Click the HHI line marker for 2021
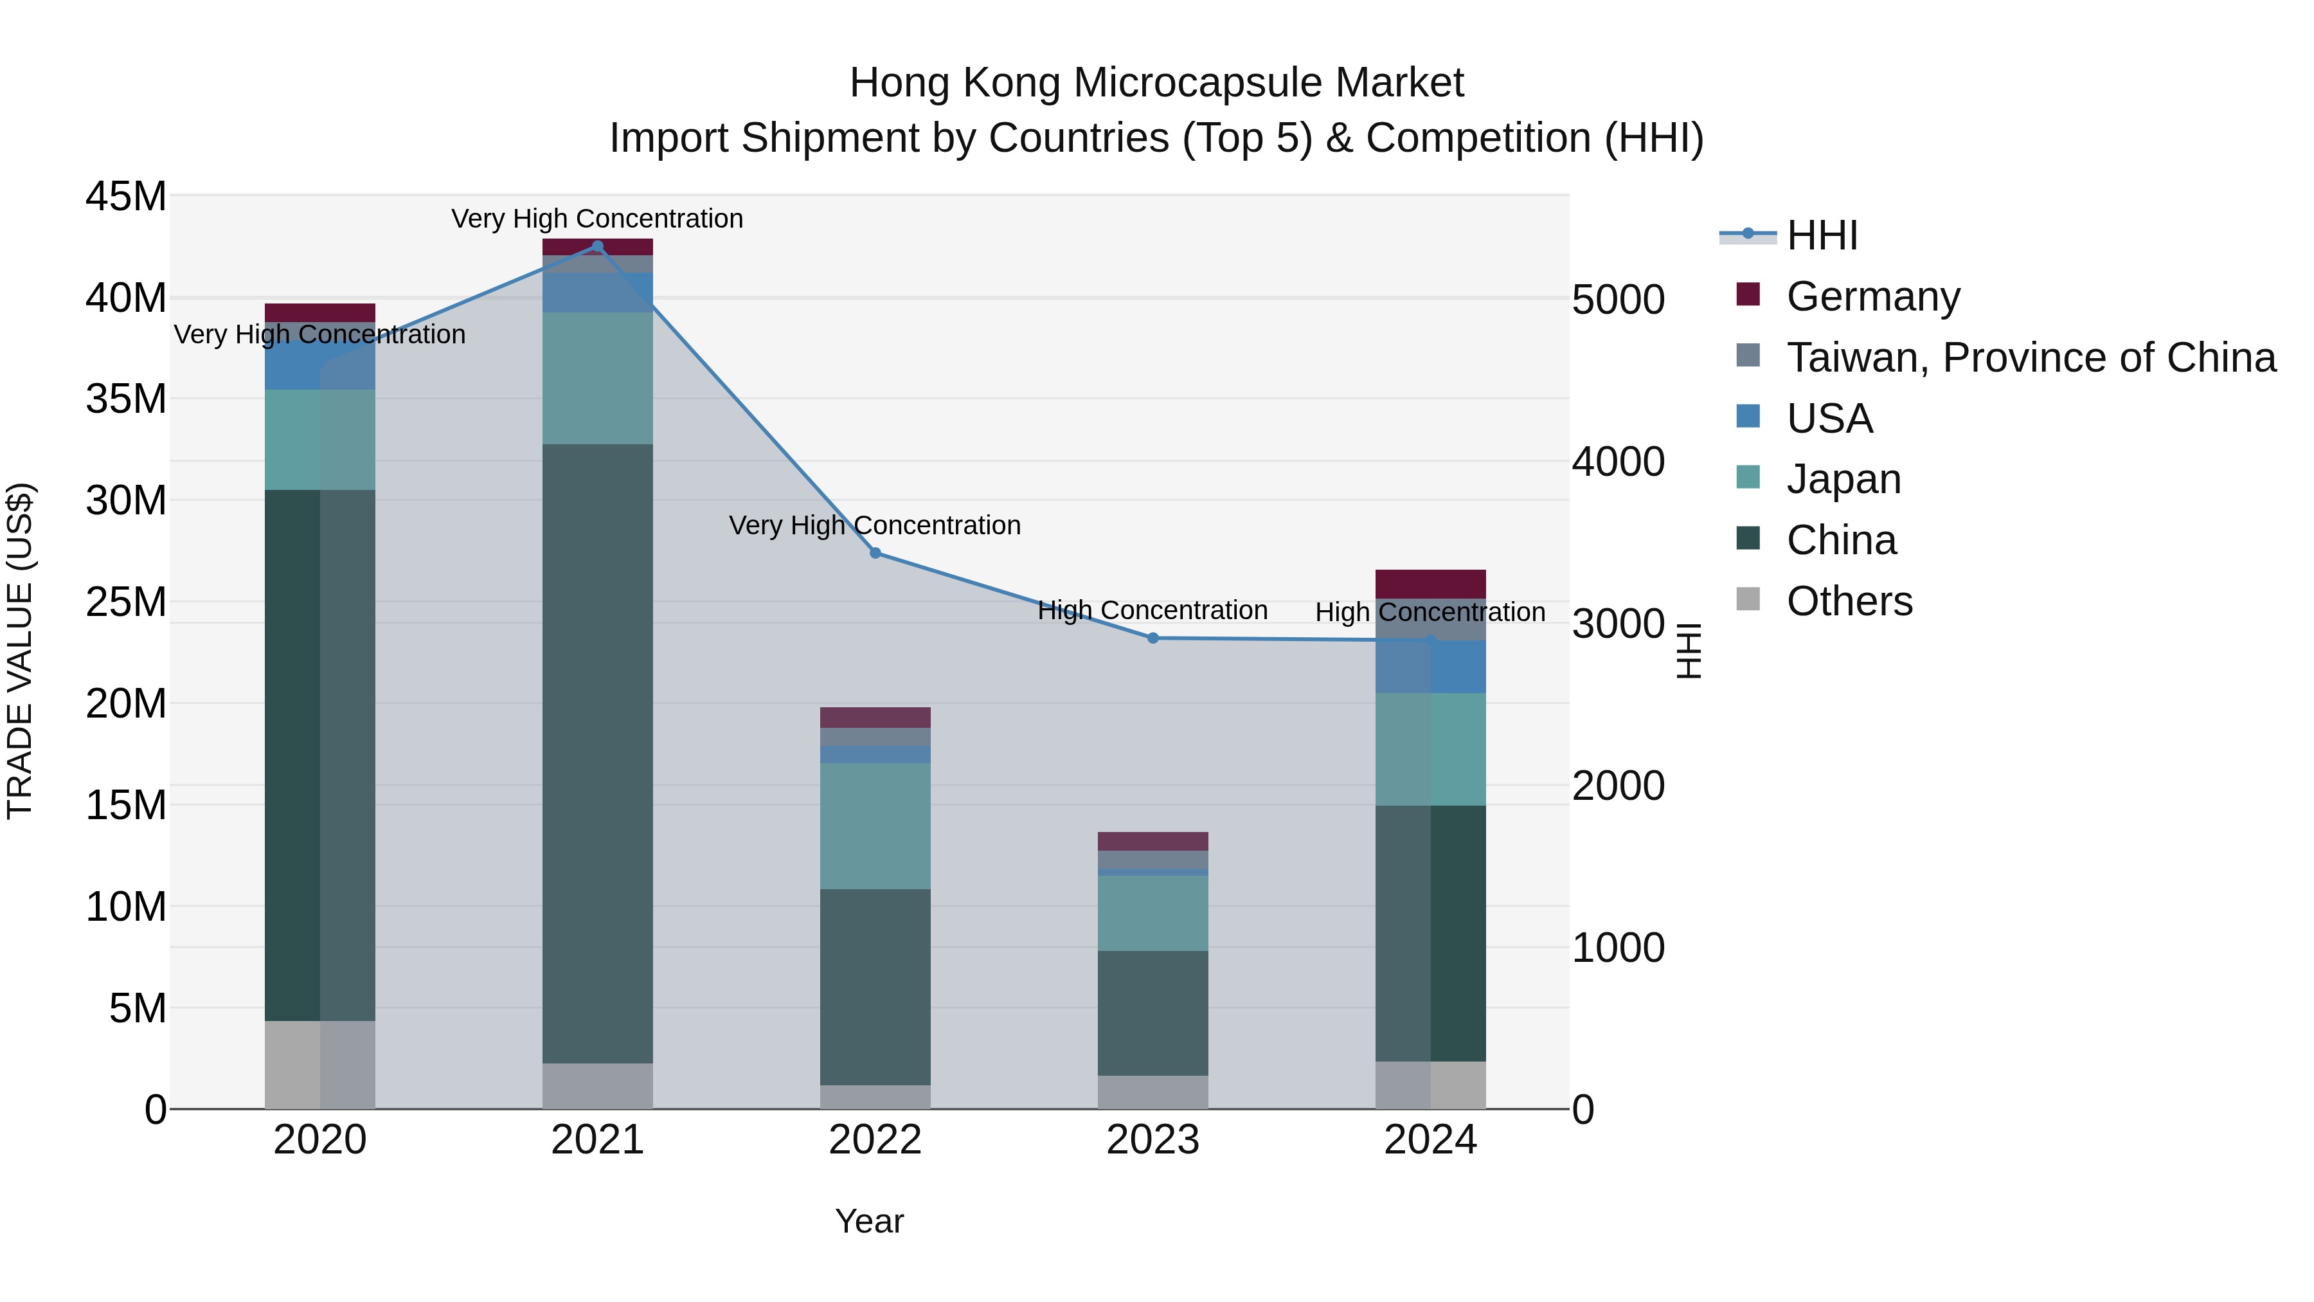(x=597, y=246)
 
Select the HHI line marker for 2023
(x=1153, y=638)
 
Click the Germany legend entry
(x=1873, y=296)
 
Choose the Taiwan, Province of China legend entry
(x=2030, y=357)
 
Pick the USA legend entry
(x=1829, y=419)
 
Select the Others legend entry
(x=1849, y=601)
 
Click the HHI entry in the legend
(x=1822, y=235)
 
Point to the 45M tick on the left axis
(x=126, y=196)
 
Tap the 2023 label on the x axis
(x=1153, y=1140)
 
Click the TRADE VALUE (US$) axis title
(x=20, y=651)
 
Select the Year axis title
(x=868, y=1221)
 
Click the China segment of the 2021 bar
(x=597, y=753)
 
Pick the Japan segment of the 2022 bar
(x=875, y=826)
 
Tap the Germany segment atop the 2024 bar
(x=1430, y=584)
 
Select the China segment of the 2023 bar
(x=1153, y=1013)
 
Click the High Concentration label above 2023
(x=1153, y=610)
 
